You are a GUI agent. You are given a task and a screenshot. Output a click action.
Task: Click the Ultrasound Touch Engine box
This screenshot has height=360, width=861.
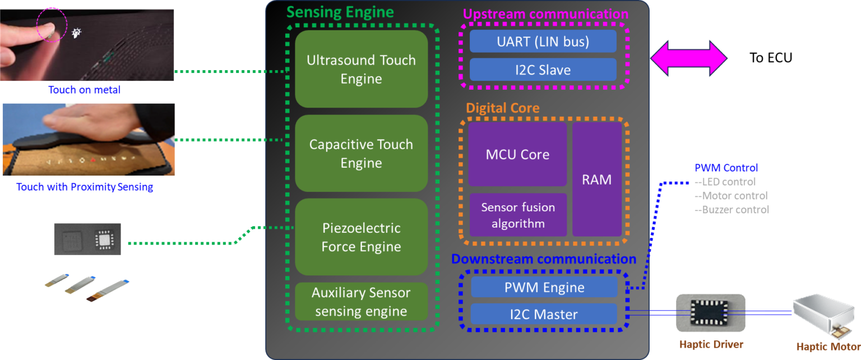pos(361,69)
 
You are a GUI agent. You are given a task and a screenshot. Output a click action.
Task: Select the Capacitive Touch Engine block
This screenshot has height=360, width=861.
pos(361,153)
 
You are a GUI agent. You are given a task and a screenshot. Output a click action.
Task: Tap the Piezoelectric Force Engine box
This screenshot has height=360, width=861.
pos(361,237)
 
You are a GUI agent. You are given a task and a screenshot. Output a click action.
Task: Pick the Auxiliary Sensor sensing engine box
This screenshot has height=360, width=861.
pos(361,302)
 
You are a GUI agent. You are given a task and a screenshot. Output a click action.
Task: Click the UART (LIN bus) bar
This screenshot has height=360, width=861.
pos(543,41)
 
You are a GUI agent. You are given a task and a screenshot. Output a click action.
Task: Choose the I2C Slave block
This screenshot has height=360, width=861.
pos(543,70)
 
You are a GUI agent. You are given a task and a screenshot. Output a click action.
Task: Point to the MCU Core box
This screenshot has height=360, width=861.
pos(517,154)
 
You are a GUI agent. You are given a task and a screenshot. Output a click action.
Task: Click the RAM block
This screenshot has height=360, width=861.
pos(596,179)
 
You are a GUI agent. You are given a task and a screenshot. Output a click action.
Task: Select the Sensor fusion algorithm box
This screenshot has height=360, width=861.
pos(517,215)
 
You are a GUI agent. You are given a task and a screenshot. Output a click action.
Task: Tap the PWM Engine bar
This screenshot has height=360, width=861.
pos(544,287)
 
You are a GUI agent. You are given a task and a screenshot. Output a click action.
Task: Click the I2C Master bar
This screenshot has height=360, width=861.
pos(544,315)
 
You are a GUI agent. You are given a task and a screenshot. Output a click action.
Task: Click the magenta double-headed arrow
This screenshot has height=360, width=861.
pos(688,58)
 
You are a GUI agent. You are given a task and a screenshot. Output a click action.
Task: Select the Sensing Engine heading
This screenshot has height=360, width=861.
pos(340,12)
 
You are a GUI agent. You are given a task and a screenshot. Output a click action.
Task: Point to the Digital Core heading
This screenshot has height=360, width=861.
pos(502,108)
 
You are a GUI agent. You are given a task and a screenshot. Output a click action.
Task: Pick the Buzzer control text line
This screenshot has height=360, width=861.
pos(732,210)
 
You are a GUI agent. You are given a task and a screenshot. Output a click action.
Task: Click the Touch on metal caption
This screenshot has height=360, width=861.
pos(85,90)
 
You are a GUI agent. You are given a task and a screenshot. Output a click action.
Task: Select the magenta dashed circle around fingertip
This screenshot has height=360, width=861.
pos(52,24)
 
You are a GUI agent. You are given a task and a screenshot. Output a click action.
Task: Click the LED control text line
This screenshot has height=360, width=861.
pos(725,182)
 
